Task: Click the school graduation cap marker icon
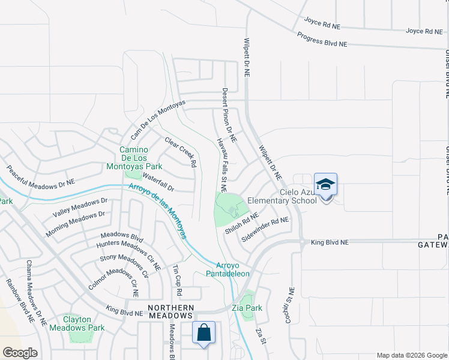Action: click(x=325, y=185)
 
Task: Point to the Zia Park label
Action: click(x=247, y=308)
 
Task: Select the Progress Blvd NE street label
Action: click(x=322, y=40)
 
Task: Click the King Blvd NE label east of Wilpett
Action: click(x=330, y=242)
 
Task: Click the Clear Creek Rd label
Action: click(x=181, y=152)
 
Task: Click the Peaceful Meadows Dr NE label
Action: click(x=41, y=175)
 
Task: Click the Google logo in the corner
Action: click(x=20, y=353)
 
